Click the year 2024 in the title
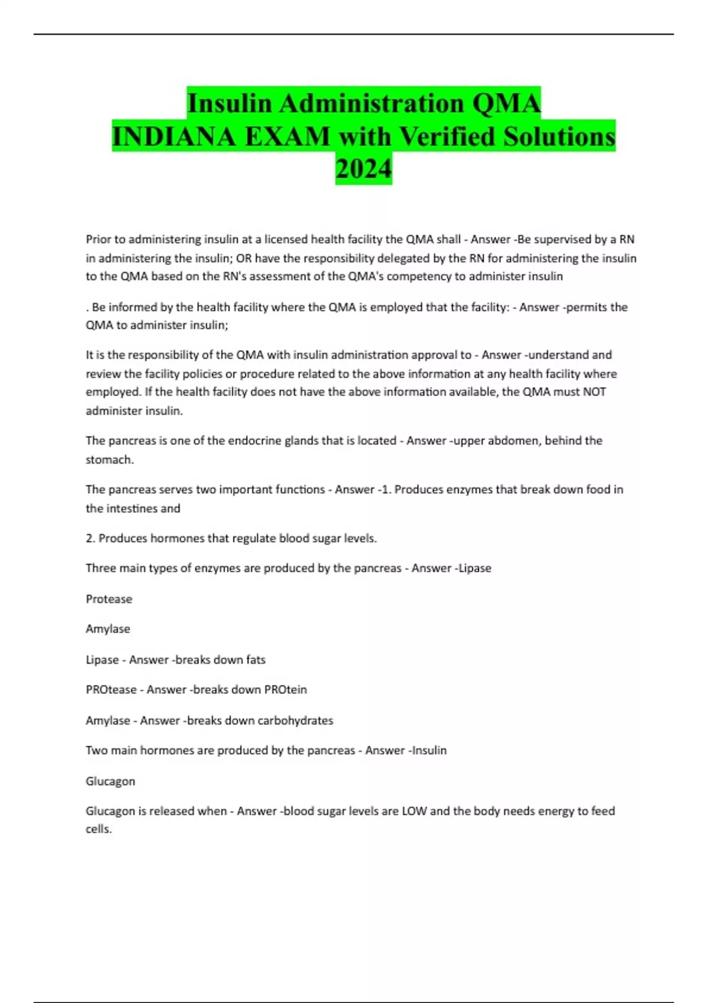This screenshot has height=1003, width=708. pos(363,169)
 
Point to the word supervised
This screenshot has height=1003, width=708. pos(562,240)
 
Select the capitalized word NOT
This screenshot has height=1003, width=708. pos(594,392)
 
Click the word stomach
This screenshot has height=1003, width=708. pos(109,460)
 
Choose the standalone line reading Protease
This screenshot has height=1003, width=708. pos(109,599)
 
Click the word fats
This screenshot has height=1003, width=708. pos(255,660)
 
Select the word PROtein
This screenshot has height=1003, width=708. pos(286,690)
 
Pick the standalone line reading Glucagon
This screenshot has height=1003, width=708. pos(110,781)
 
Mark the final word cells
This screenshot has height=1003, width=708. pos(99,829)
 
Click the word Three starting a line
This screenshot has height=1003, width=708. pos(100,568)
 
